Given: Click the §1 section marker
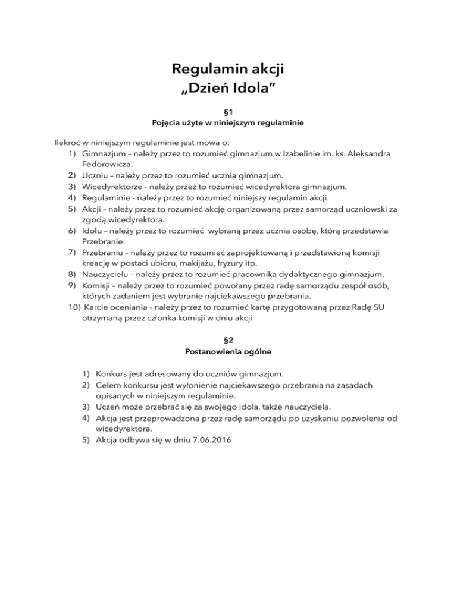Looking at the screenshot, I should pos(228,111).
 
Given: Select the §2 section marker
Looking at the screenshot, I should pos(228,341).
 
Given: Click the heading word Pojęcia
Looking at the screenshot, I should pos(168,124).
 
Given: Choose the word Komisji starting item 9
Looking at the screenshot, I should pos(98,286).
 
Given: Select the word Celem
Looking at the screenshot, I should pos(108,386).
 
